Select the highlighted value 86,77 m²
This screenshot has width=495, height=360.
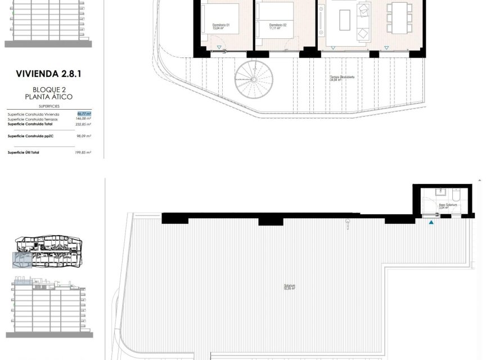(84, 114)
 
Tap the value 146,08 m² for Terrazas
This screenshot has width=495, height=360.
(83, 119)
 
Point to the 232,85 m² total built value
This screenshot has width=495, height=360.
(83, 124)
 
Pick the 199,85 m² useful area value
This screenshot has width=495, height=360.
(83, 152)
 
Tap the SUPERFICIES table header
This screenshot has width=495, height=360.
(49, 106)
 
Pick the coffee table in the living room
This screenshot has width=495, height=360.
(345, 21)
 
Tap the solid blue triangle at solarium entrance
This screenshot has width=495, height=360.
(431, 223)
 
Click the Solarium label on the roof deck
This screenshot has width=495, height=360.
(290, 287)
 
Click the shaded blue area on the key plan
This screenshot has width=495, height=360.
(23, 259)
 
